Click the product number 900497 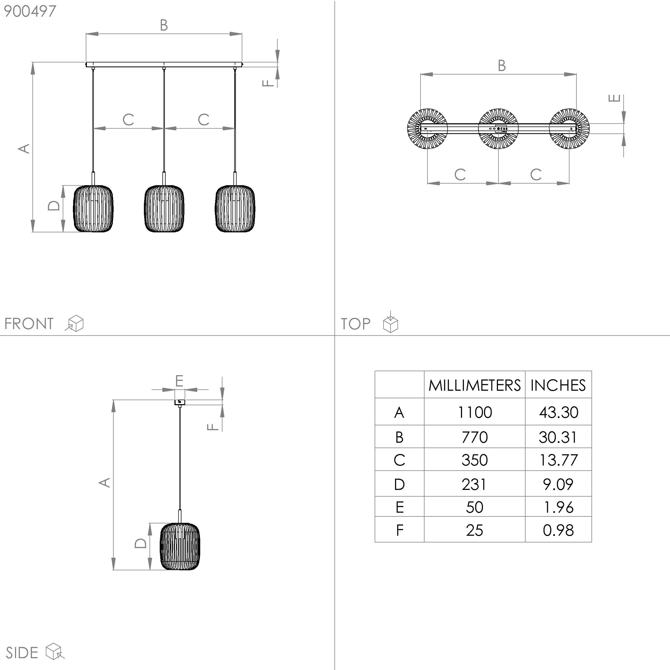tap(30, 11)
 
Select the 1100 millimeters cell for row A tap(475, 412)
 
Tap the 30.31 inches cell tap(558, 437)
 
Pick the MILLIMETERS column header tap(475, 385)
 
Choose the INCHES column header tap(558, 385)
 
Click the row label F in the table tap(400, 530)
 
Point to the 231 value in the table tap(474, 484)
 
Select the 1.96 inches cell tap(558, 507)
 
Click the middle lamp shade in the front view tap(164, 209)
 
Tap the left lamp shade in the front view tap(93, 209)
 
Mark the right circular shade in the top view tap(569, 128)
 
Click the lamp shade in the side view tap(180, 546)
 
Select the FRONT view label tap(29, 324)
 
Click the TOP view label tap(356, 324)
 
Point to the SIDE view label tap(22, 653)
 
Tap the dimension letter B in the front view tap(164, 25)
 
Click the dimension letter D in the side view tap(141, 543)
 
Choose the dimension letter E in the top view tap(615, 98)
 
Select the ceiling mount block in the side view tap(180, 402)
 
